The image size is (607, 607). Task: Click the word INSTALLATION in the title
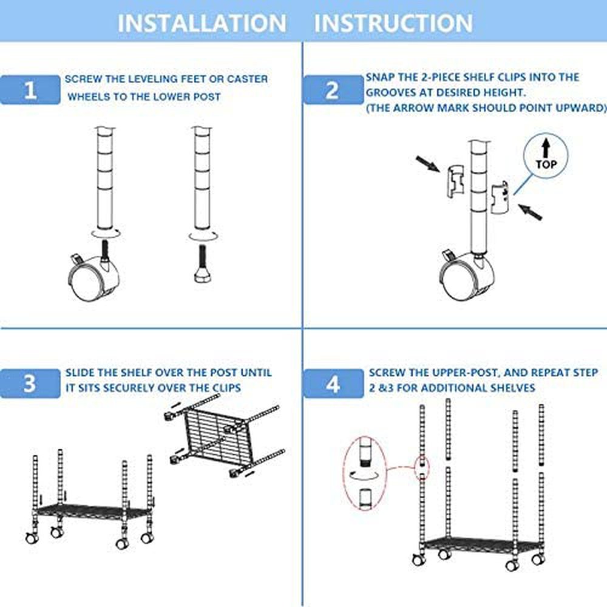[x=202, y=23]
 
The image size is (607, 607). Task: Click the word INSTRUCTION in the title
[x=393, y=23]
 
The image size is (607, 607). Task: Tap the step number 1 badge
[x=30, y=90]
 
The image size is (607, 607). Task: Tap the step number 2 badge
[x=332, y=90]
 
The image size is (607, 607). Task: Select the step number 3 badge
[x=30, y=385]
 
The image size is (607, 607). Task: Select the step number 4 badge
[x=333, y=385]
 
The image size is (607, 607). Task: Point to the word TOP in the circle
[x=546, y=164]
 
